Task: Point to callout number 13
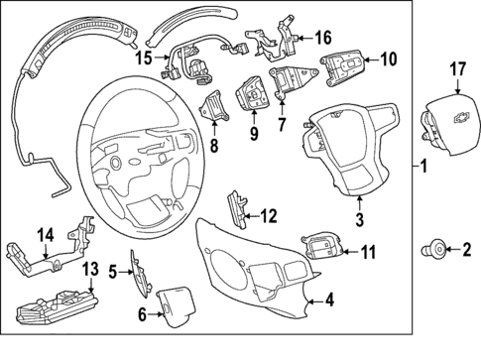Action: pyautogui.click(x=90, y=269)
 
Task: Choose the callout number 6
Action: pyautogui.click(x=141, y=314)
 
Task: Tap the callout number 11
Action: pyautogui.click(x=369, y=252)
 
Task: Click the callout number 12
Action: pyautogui.click(x=270, y=214)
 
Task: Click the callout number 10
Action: pyautogui.click(x=388, y=58)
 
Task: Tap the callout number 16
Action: pyautogui.click(x=323, y=38)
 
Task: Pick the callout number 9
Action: pyautogui.click(x=253, y=132)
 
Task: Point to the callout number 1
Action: pyautogui.click(x=426, y=166)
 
